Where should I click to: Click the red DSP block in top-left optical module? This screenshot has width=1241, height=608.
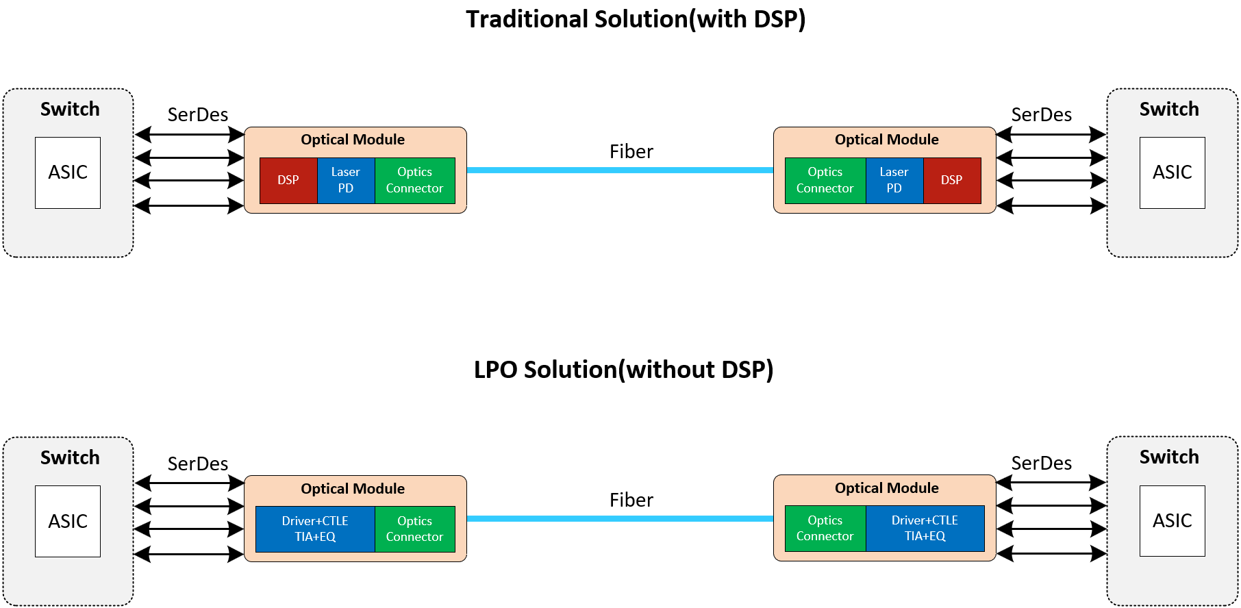[288, 180]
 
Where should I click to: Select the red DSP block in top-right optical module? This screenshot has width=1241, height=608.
[952, 180]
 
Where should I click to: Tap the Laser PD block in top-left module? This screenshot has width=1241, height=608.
[346, 180]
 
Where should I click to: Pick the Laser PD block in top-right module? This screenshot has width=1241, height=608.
[894, 180]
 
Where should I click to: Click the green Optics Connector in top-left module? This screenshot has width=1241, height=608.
[414, 180]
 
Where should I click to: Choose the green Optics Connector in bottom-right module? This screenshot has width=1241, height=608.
[825, 528]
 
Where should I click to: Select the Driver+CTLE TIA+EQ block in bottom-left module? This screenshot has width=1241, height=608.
[315, 529]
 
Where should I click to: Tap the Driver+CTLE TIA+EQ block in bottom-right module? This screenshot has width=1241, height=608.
[925, 528]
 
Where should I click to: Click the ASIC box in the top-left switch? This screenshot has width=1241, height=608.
[68, 173]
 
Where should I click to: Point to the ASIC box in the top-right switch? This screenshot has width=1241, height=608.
[1172, 173]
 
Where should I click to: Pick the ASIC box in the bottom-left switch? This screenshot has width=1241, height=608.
[68, 521]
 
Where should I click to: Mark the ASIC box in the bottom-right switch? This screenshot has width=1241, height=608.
[1172, 520]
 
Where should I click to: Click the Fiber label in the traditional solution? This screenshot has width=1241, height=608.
[631, 151]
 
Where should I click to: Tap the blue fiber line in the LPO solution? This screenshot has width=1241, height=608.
[620, 518]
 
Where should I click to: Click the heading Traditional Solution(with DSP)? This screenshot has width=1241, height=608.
[636, 19]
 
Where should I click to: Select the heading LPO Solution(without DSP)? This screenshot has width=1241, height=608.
[623, 370]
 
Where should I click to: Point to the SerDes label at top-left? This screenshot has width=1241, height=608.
[198, 114]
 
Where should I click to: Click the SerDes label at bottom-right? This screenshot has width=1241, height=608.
[1041, 463]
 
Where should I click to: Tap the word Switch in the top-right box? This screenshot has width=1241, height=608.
[1169, 109]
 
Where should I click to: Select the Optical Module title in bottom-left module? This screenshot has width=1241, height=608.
[353, 488]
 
